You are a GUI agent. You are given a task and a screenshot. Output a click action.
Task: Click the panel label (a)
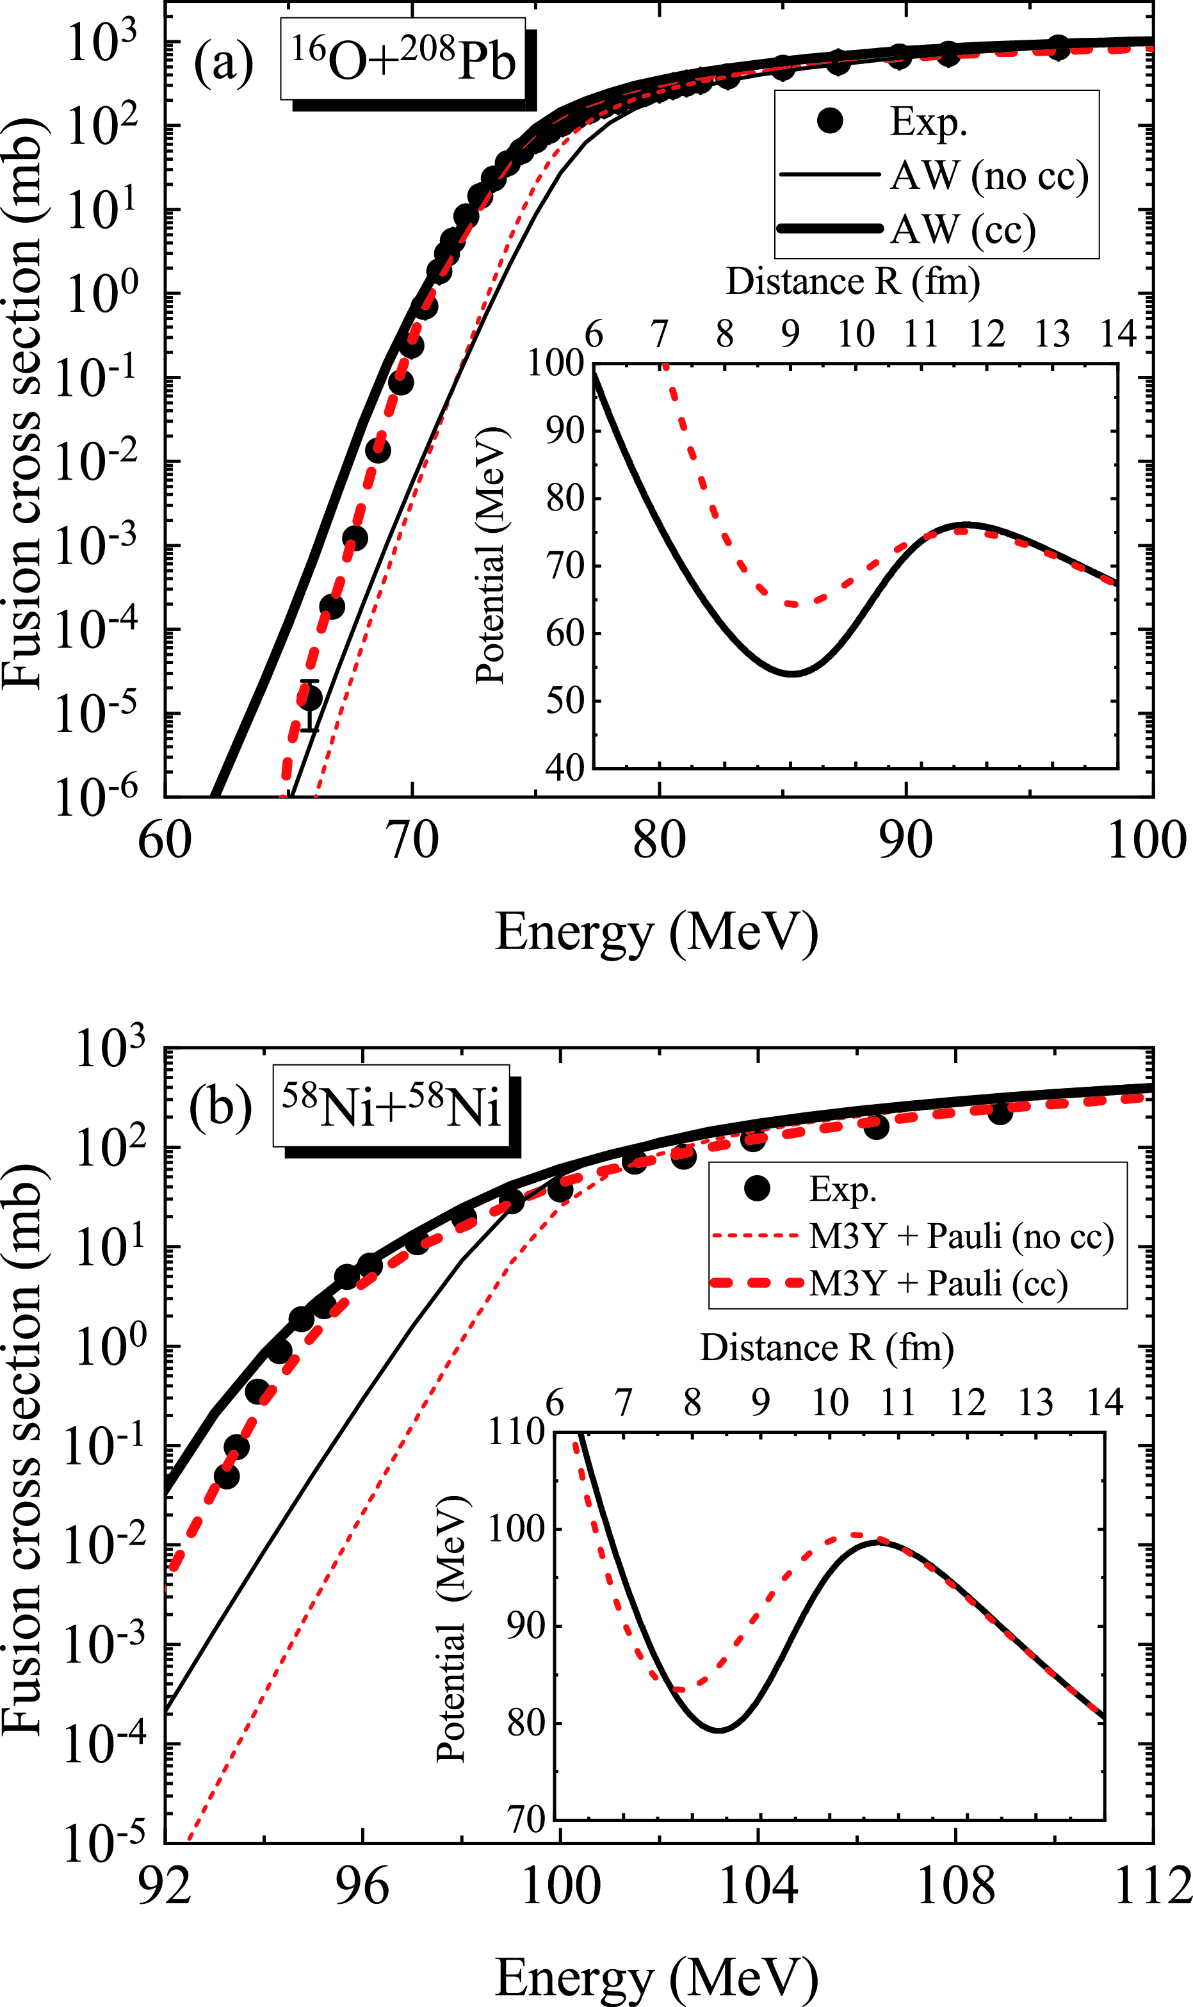(x=223, y=63)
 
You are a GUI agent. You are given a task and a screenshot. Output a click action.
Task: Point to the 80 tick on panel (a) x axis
(x=659, y=841)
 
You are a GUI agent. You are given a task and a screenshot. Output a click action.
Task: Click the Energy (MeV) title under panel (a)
(x=656, y=932)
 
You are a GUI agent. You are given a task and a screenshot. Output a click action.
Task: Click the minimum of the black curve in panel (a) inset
(x=793, y=674)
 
